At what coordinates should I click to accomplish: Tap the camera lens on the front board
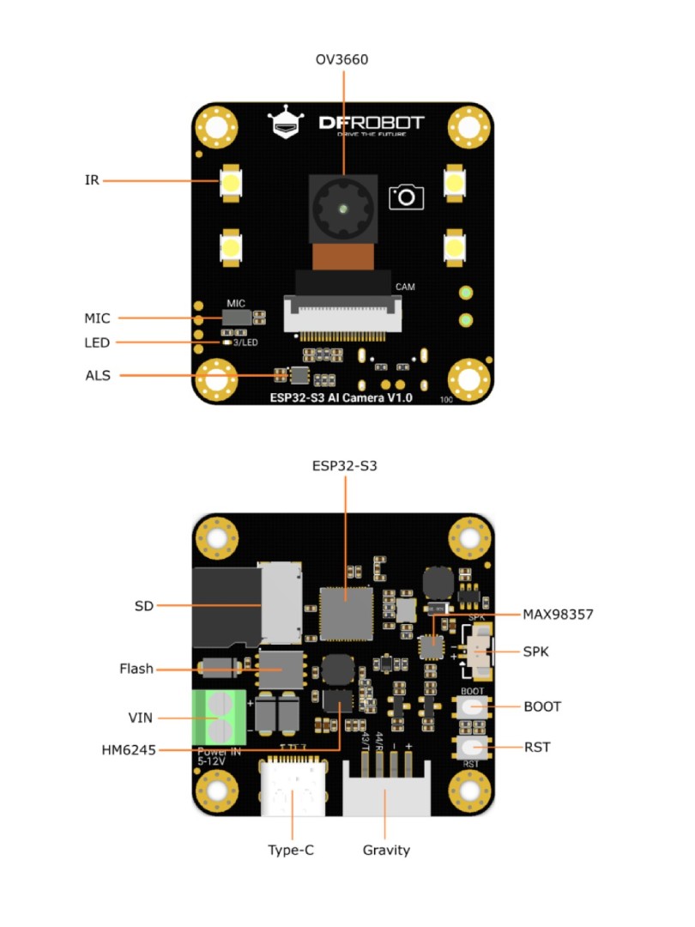pos(342,209)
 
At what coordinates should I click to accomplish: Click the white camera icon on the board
pos(406,197)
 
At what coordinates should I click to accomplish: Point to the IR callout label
pos(92,180)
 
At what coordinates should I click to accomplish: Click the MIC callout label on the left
pos(97,318)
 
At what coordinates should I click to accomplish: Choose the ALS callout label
pos(97,375)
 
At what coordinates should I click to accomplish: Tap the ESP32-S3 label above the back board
pos(345,466)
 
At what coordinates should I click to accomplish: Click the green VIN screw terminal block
pos(221,718)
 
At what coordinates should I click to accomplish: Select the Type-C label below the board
pos(293,850)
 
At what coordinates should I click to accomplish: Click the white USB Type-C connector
pos(293,786)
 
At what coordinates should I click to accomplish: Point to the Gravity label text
pos(386,850)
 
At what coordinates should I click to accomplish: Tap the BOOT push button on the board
pos(472,707)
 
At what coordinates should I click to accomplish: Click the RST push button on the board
pos(472,748)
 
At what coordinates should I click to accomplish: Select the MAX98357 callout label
pos(558,615)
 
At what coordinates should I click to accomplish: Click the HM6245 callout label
pos(129,749)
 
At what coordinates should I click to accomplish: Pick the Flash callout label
pos(136,669)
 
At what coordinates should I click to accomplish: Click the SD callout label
pos(143,606)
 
